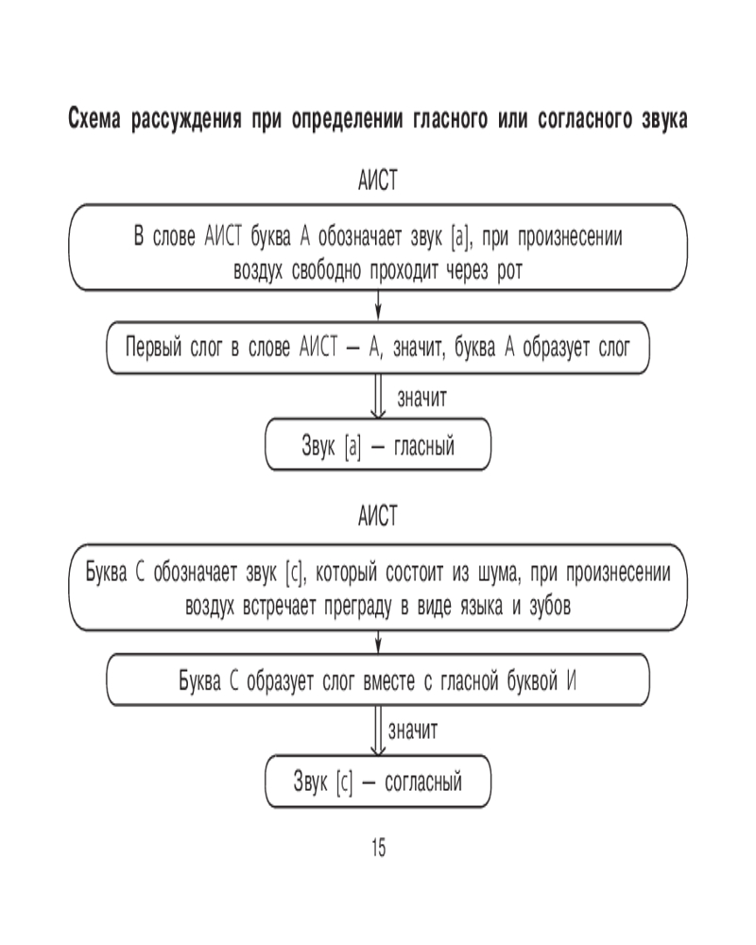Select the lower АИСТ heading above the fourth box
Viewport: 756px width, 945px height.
[x=378, y=516]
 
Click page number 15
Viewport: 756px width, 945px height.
[x=377, y=848]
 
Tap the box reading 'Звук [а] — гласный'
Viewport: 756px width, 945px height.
[x=378, y=446]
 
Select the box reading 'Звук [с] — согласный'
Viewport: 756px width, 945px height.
[x=378, y=782]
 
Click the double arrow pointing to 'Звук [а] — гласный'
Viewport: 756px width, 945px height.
[x=378, y=397]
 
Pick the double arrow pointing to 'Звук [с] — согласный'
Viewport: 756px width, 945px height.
[x=378, y=730]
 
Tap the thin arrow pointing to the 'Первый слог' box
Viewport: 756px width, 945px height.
[x=378, y=307]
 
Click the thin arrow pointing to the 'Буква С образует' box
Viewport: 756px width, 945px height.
[x=378, y=643]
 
